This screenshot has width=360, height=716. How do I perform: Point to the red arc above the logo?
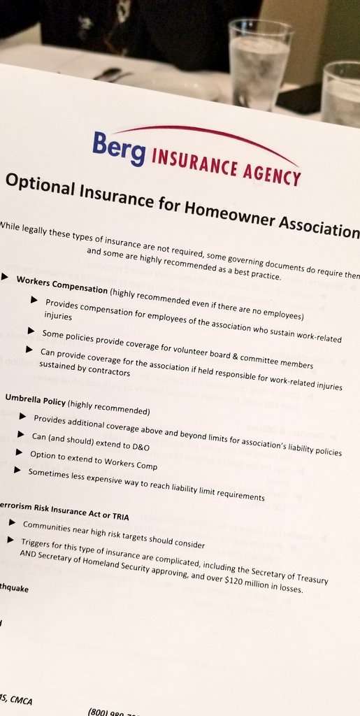[x=210, y=134]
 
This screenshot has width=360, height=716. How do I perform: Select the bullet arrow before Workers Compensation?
[x=6, y=278]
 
